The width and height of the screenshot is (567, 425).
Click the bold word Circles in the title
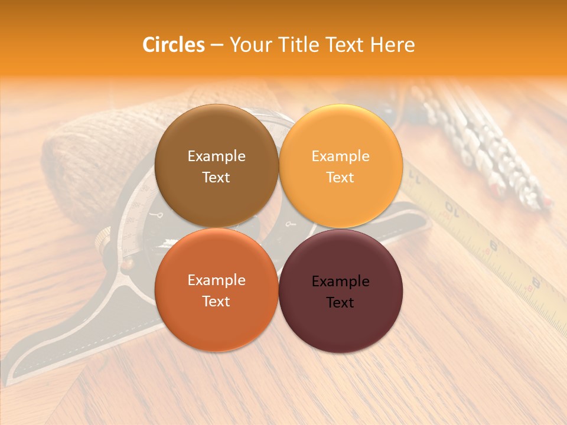click(x=173, y=45)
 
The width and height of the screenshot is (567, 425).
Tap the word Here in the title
click(x=392, y=45)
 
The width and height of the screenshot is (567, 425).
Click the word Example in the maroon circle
click(x=340, y=282)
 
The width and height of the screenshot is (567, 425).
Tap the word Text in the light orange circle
click(x=340, y=178)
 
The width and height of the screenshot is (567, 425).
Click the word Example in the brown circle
click(x=216, y=156)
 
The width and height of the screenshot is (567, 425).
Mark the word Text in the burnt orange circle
click(x=216, y=302)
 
